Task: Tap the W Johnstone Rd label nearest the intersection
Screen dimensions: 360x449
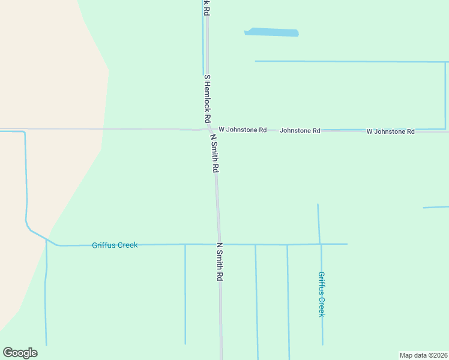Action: coord(243,130)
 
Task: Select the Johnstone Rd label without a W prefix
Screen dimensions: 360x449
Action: coord(300,130)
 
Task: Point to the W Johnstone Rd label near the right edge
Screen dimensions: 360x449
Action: coord(391,131)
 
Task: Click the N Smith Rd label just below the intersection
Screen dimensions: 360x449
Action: coord(213,153)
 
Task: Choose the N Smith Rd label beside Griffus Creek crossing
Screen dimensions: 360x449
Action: coord(220,262)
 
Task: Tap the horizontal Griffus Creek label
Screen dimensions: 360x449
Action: coord(115,245)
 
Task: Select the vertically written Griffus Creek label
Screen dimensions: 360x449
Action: coord(322,294)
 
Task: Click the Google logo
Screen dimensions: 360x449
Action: coord(20,353)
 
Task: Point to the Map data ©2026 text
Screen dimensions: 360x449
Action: coord(423,355)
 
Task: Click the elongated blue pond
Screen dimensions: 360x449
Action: coord(271,32)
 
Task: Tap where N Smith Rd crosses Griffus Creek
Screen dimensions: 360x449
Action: coord(218,244)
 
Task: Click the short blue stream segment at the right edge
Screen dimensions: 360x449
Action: coord(436,207)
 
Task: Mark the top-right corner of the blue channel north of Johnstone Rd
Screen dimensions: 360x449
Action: coord(445,62)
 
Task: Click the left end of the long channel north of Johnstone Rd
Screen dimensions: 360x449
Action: coord(256,61)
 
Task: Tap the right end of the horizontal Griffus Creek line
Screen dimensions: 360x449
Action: coord(346,244)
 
